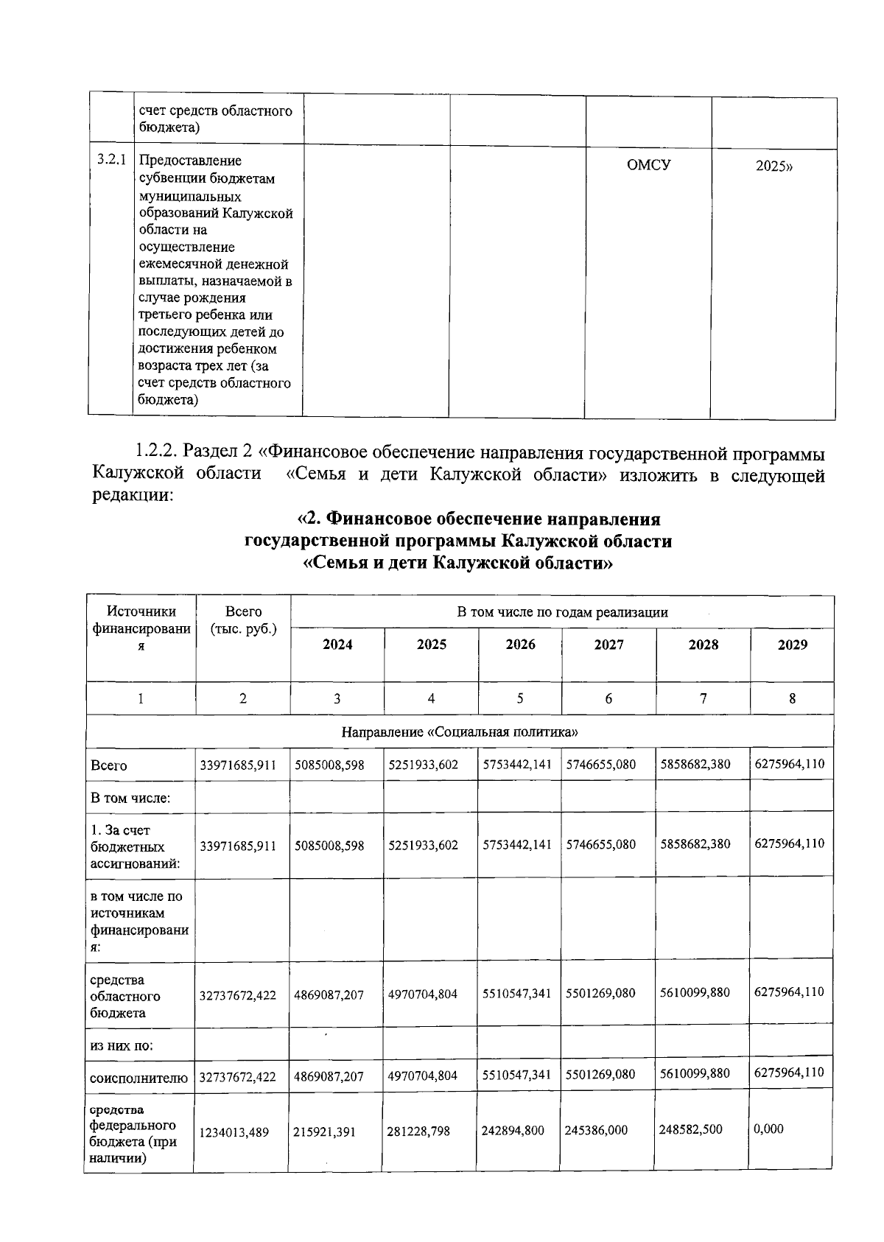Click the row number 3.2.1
111,160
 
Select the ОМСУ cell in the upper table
648,165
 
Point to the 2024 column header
337,645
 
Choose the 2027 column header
608,645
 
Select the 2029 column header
792,645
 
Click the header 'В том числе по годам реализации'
562,612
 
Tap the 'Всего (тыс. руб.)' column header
243,620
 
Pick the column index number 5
519,698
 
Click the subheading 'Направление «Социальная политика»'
460,732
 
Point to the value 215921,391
324,1132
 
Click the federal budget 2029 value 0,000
768,1129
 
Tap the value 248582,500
691,1129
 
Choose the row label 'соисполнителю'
138,1078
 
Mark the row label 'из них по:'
122,1045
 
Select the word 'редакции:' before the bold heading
133,496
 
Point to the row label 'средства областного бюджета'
125,996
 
